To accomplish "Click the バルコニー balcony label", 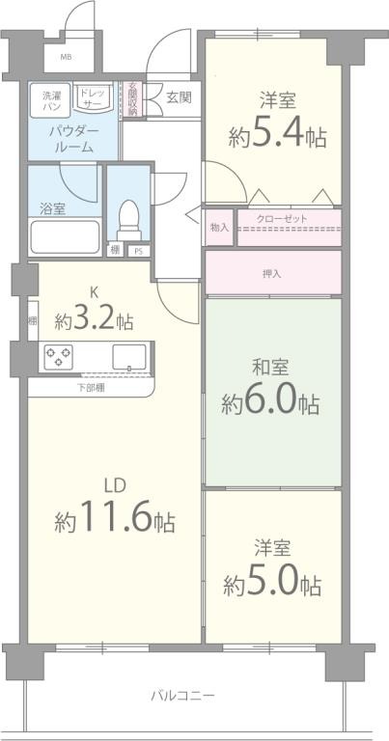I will coord(182,695).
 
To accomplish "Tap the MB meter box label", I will coord(66,57).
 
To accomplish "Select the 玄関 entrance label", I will coord(178,96).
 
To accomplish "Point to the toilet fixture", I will coord(126,219).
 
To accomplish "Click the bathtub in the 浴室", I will coord(65,235).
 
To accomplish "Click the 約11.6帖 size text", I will coord(115,522).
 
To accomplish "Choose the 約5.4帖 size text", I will coord(276,136).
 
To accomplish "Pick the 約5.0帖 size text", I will coord(272,583).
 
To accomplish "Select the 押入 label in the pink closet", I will coord(273,274).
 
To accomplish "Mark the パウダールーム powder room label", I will coord(72,139).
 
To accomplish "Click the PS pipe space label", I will coord(139,252).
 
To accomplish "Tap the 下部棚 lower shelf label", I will coord(91,388).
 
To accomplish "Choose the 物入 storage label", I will coord(219,227).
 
